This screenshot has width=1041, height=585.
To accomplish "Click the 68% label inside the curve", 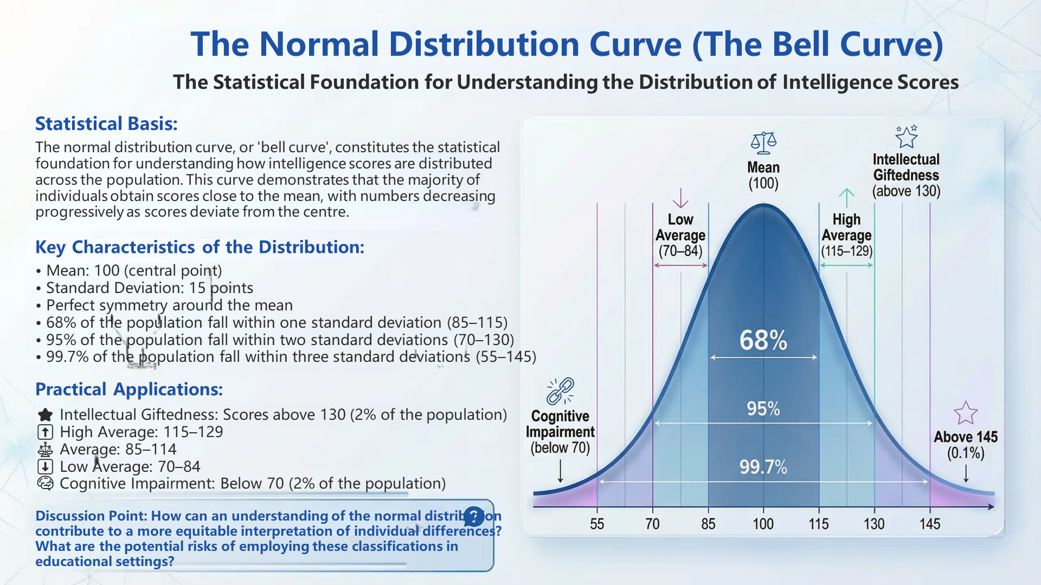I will click(x=763, y=340).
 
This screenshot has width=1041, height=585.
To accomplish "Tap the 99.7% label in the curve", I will click(x=763, y=466).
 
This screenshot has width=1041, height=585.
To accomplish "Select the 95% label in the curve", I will click(x=763, y=408).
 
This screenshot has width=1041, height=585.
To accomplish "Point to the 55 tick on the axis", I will click(x=596, y=523).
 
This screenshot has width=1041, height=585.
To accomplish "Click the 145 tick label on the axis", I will click(x=929, y=523).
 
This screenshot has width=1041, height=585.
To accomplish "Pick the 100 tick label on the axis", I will click(x=763, y=523).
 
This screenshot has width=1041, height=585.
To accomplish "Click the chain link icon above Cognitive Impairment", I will click(x=560, y=391).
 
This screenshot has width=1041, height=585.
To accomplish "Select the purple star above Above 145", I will click(x=965, y=413).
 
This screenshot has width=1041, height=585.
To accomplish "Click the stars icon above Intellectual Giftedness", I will click(x=906, y=136).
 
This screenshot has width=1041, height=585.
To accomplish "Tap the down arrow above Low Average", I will click(x=680, y=198).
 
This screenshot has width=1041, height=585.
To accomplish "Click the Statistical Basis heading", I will click(x=106, y=123).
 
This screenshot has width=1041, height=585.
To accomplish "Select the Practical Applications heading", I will click(x=129, y=389).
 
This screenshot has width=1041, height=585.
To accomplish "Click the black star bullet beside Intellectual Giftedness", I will click(x=46, y=415).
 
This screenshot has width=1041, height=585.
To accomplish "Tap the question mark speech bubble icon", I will click(x=473, y=516).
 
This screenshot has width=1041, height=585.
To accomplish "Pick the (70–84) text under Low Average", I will click(x=680, y=251).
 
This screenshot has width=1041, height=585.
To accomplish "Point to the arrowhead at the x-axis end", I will click(x=991, y=506).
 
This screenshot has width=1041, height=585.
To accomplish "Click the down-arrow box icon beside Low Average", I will click(x=45, y=466).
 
